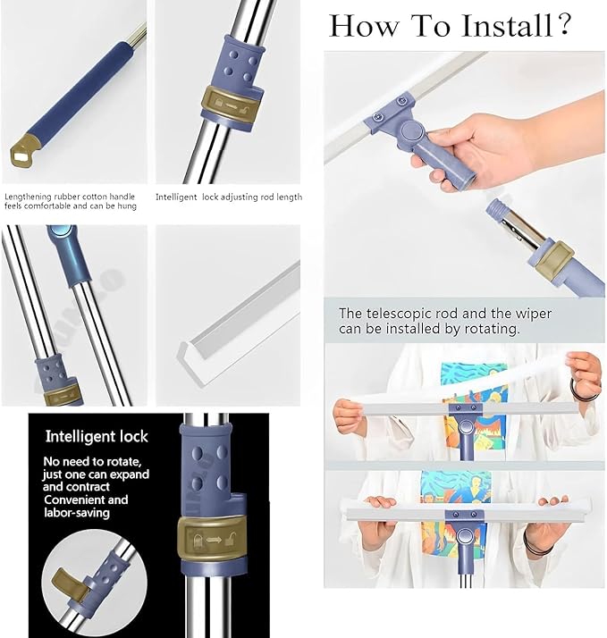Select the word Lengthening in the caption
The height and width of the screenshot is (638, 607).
tap(28, 197)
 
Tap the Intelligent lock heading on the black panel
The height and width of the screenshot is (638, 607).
tap(97, 437)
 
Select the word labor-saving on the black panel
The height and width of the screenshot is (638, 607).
tap(77, 512)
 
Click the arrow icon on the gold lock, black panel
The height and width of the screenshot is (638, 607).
tap(214, 540)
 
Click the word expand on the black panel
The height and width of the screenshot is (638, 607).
tap(130, 474)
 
